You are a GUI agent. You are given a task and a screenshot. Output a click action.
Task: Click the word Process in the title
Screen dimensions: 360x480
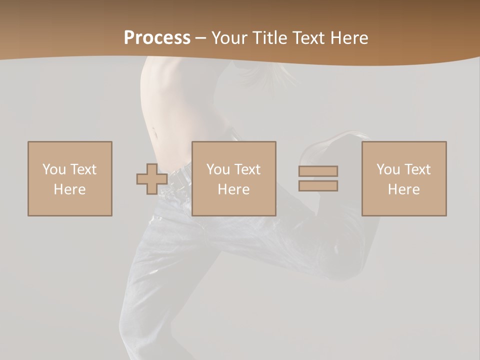click(157, 38)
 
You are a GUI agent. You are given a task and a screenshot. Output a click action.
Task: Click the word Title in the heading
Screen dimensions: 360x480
click(270, 38)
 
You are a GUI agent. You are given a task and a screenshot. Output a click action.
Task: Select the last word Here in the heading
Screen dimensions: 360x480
click(349, 38)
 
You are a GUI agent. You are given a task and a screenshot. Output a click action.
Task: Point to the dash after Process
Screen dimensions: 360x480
click(201, 38)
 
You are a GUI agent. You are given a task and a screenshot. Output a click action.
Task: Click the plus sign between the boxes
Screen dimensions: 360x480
click(152, 179)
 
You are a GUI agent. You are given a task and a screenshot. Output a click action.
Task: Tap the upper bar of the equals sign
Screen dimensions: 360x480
click(318, 171)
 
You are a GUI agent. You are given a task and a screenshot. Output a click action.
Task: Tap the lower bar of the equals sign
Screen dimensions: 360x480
click(318, 185)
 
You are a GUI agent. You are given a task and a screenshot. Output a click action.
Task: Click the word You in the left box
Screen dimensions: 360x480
click(54, 169)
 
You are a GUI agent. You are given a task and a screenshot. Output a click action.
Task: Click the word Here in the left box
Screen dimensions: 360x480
click(70, 189)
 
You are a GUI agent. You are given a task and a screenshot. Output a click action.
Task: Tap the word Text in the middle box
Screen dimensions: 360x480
click(247, 169)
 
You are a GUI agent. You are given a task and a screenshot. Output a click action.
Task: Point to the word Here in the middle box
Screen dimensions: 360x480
click(234, 189)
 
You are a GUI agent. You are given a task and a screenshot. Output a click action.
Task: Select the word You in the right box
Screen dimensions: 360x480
click(388, 169)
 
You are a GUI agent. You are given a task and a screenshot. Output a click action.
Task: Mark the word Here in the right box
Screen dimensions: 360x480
click(404, 189)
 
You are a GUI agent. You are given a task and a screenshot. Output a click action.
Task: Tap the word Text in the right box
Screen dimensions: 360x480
click(417, 169)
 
